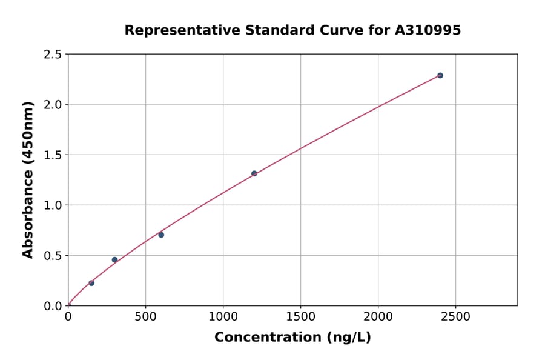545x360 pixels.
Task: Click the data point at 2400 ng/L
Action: point(440,75)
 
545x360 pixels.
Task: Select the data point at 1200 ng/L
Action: point(254,173)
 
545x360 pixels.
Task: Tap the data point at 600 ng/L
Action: point(161,235)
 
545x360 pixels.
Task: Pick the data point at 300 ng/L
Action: point(114,260)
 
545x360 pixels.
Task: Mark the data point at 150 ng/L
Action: point(91,283)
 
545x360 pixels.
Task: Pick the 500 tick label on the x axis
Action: point(145,317)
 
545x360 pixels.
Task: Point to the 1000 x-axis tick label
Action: point(223,317)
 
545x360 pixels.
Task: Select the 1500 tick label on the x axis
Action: point(300,317)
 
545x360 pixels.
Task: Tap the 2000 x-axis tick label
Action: point(378,317)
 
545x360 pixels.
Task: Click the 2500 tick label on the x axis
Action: point(455,317)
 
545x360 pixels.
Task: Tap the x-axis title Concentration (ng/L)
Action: point(292,338)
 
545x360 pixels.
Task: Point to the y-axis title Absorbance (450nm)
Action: point(28,179)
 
